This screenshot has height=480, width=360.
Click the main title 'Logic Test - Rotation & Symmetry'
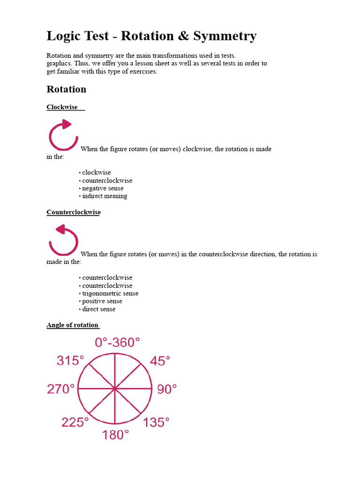151,36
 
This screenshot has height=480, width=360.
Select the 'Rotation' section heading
67,89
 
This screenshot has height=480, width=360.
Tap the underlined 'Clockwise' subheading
62,107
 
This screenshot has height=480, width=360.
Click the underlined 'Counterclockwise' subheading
74,212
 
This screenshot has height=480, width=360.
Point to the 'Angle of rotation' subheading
73,325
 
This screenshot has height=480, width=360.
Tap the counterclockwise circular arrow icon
63,240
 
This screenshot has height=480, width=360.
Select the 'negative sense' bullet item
103,188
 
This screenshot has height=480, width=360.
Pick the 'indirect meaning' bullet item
105,196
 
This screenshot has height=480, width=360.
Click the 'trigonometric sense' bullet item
110,293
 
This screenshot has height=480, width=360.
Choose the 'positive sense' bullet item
102,301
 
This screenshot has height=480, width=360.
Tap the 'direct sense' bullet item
98,309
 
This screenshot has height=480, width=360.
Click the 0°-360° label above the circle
117,343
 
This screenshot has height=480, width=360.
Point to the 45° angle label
160,361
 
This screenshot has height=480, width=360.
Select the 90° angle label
167,389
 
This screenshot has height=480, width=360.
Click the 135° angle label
156,422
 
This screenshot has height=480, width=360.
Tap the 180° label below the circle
115,435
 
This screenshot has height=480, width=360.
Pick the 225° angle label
75,422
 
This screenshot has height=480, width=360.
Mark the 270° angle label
60,389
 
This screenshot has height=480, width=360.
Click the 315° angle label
70,361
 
